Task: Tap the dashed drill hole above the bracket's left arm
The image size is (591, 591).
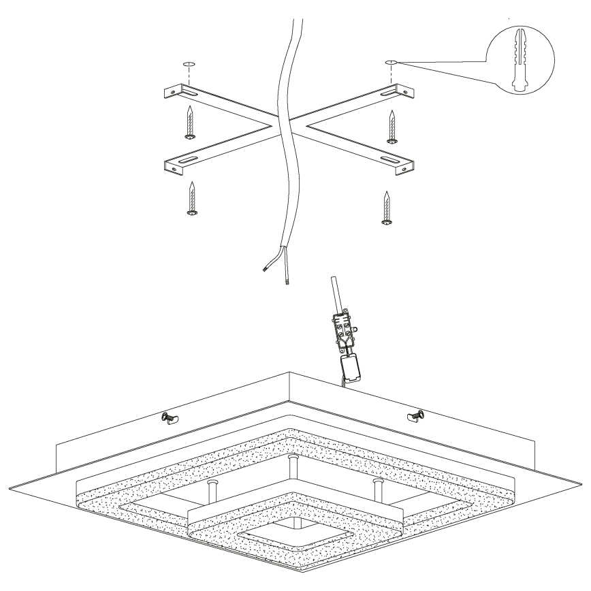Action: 189,65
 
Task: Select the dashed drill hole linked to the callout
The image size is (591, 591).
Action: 391,63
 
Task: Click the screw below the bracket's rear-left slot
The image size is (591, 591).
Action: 191,123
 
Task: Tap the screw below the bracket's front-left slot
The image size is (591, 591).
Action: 193,199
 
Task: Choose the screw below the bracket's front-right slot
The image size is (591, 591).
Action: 387,207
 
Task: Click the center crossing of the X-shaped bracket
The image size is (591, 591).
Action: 286,127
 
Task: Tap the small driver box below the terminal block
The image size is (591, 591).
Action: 353,368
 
